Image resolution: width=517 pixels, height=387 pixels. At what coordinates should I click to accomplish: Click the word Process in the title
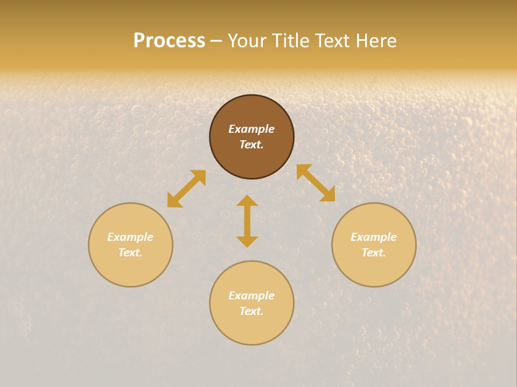[x=169, y=41]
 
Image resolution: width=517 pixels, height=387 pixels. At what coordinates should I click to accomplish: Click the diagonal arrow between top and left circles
[x=186, y=189]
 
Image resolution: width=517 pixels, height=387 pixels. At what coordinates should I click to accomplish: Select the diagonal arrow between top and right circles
[x=316, y=183]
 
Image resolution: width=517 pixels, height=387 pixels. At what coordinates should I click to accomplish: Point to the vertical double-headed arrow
[x=247, y=221]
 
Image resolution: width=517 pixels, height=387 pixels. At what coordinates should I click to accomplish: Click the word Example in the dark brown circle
[x=251, y=129]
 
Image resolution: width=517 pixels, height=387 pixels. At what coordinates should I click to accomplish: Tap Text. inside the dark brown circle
[x=251, y=145]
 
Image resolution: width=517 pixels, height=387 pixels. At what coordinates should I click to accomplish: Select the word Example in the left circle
[x=130, y=237]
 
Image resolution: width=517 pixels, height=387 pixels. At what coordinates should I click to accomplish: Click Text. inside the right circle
[x=374, y=253]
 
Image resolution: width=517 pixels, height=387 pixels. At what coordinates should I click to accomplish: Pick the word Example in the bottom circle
[x=251, y=296]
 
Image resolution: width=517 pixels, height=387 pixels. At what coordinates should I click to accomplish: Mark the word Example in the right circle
[x=374, y=237]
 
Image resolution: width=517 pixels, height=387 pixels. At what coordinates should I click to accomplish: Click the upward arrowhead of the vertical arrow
[x=247, y=201]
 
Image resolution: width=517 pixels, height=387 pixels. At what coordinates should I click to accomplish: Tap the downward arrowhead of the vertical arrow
[x=247, y=241]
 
